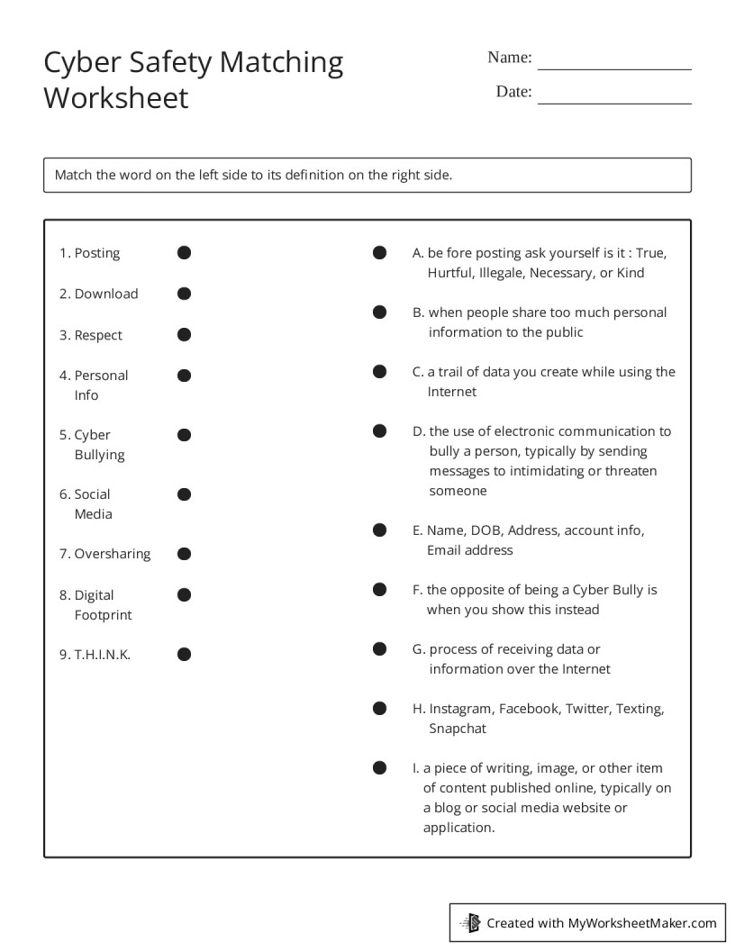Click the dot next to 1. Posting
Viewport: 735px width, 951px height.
(184, 253)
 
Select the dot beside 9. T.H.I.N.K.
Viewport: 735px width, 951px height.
(184, 655)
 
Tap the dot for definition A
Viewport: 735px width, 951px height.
(380, 253)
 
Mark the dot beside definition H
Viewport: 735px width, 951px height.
(380, 709)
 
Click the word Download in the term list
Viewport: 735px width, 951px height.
(106, 294)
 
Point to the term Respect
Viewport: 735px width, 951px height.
(98, 335)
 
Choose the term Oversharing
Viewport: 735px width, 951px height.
(113, 554)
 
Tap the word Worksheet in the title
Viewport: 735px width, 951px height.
(116, 97)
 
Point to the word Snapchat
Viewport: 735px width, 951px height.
(457, 729)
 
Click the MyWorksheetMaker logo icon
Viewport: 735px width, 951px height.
(470, 922)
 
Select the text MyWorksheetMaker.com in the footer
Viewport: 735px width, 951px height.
(642, 922)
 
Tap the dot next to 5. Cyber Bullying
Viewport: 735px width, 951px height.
(184, 435)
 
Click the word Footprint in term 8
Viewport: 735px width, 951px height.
(103, 615)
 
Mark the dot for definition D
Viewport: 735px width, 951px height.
(380, 431)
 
